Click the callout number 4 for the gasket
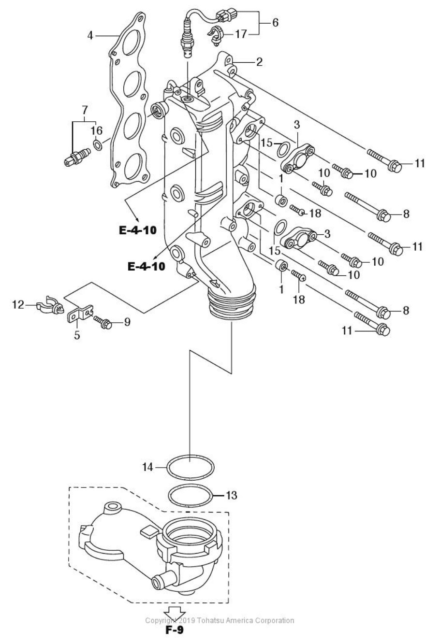[90, 35]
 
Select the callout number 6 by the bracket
[275, 22]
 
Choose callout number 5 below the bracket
[77, 335]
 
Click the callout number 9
[127, 322]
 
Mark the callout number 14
[148, 467]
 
